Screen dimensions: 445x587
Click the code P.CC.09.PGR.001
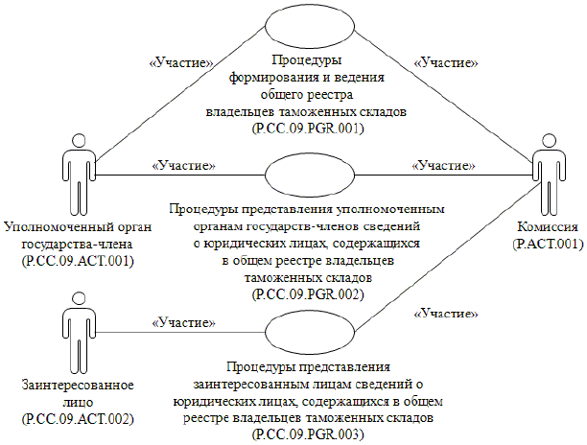(307, 127)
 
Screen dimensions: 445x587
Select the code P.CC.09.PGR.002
(307, 293)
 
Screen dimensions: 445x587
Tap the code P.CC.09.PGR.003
(307, 434)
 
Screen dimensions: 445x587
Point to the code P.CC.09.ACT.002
(76, 419)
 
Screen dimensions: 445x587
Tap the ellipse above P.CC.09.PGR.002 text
(308, 176)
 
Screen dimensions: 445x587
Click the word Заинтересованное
(77, 386)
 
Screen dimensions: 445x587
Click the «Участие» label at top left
(178, 62)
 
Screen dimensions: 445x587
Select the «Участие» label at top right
(446, 62)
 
